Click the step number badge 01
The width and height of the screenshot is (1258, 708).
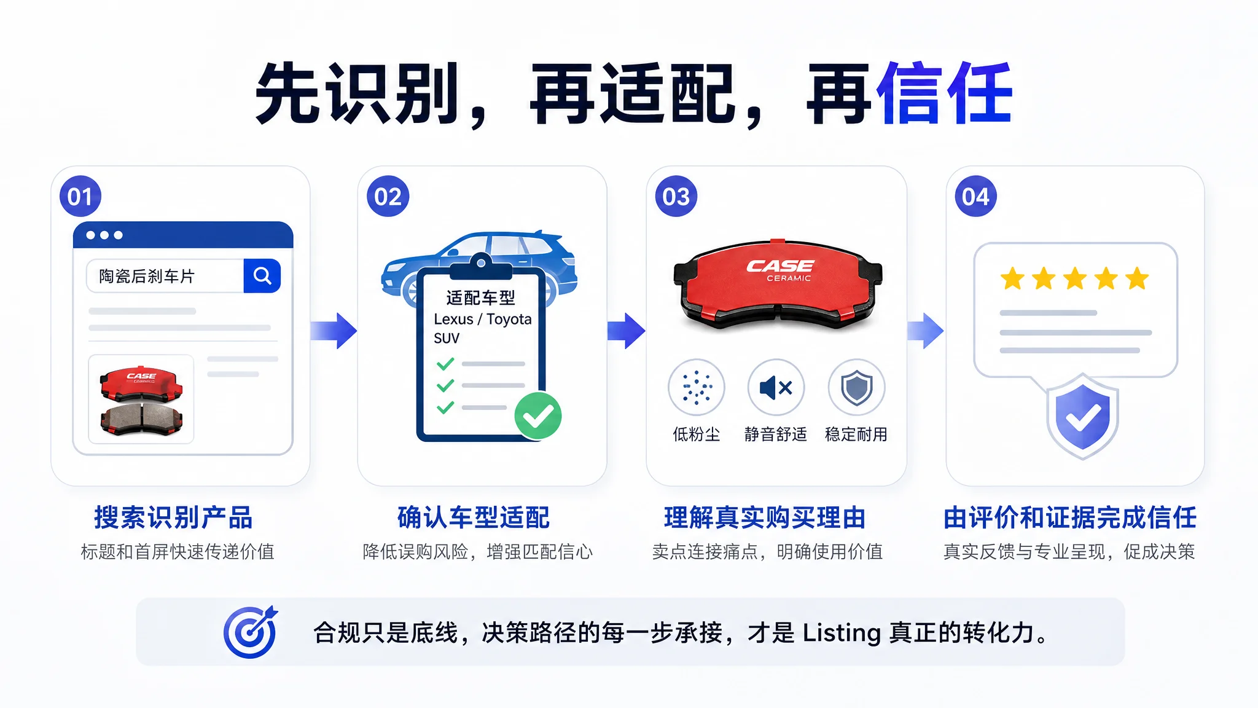click(x=80, y=196)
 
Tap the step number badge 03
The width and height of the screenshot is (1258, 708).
click(x=676, y=196)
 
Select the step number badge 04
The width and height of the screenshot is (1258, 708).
click(x=975, y=196)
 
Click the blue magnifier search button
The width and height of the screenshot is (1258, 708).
click(x=262, y=275)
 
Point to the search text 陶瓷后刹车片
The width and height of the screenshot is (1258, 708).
click(x=147, y=277)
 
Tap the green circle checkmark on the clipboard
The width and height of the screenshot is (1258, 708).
click(x=538, y=416)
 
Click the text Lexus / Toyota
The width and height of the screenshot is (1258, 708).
click(x=483, y=319)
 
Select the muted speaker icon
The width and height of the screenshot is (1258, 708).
click(x=776, y=387)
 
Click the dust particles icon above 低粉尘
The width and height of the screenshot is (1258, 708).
click(x=696, y=387)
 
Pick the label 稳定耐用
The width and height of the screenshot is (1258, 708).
click(x=856, y=435)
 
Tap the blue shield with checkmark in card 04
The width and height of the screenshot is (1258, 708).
click(x=1082, y=416)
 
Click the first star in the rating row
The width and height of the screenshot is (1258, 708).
click(x=1012, y=278)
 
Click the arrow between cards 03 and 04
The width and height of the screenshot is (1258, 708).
click(x=925, y=331)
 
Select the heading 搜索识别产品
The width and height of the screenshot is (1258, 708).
click(x=173, y=517)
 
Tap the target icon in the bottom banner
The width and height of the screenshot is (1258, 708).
click(x=251, y=632)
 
